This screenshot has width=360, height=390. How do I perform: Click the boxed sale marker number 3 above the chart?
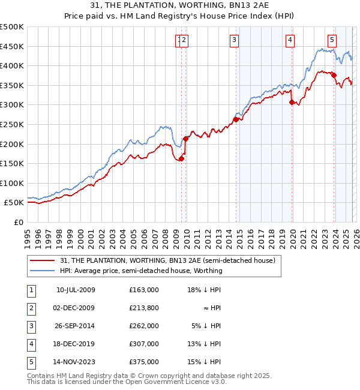(233, 40)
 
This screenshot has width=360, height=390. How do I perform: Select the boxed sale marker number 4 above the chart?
(290, 40)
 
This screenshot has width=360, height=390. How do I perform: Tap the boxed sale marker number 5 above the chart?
(332, 40)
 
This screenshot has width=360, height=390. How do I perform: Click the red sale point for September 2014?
(236, 119)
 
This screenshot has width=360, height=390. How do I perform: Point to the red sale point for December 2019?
(292, 102)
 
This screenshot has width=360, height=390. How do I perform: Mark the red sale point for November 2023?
(334, 76)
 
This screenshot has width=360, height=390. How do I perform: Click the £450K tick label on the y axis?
(11, 46)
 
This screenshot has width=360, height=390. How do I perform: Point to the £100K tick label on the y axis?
(11, 183)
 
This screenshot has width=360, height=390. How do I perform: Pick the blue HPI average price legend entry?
(141, 271)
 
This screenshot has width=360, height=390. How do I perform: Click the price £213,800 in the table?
(144, 307)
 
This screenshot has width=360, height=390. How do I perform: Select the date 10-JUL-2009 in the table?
(75, 289)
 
